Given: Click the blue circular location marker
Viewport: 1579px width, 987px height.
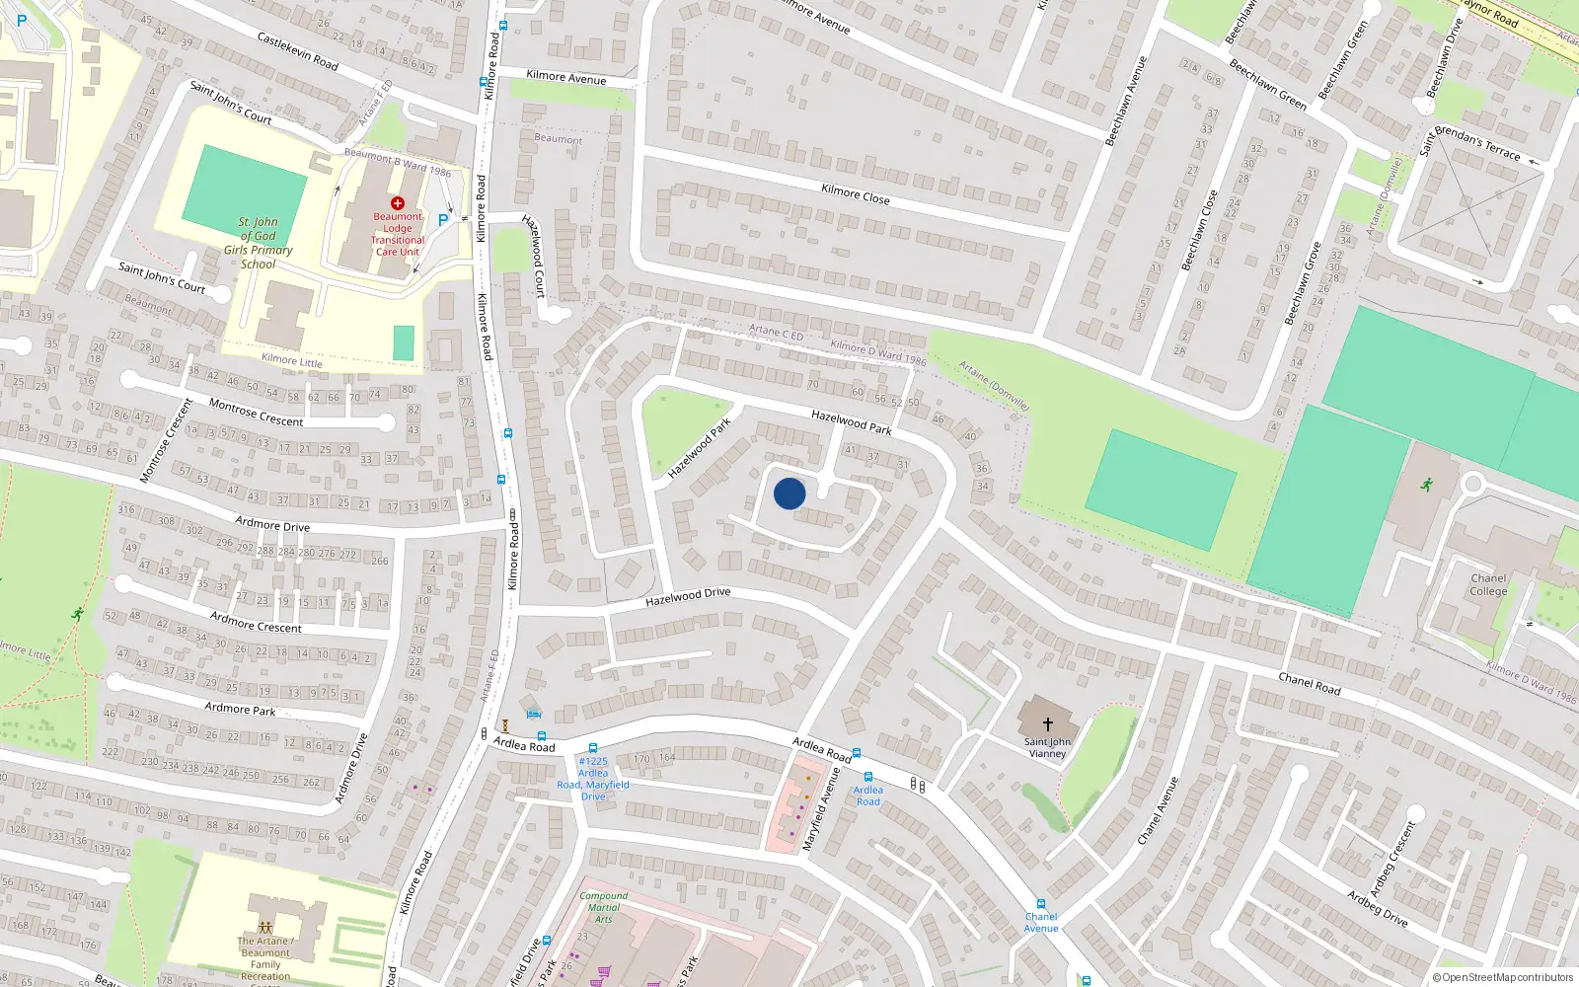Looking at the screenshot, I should (789, 493).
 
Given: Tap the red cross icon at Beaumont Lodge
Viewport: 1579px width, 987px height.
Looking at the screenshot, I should (398, 203).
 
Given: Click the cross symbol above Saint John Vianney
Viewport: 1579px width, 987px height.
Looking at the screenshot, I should (1047, 724).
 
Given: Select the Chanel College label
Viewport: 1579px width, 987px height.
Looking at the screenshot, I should (1488, 585).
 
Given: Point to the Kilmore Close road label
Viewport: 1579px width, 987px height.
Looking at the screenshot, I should (856, 194).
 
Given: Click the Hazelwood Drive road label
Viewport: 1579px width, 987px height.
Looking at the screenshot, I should (688, 597).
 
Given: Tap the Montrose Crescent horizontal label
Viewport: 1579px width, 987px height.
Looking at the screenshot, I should (256, 413).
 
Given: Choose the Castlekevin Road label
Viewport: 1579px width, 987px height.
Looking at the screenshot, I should (297, 51).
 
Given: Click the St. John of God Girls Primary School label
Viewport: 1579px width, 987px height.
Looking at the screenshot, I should (258, 243).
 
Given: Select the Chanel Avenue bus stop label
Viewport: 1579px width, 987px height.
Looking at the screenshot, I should (1040, 922).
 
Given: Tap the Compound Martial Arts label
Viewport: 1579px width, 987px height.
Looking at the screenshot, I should (603, 907).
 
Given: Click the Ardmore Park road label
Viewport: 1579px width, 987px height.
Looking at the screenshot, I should (240, 709).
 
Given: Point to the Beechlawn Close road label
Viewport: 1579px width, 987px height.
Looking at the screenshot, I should (1199, 230).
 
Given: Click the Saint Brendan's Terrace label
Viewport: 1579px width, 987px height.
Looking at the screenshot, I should (1470, 143).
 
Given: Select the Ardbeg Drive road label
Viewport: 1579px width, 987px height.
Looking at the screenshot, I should (1378, 908).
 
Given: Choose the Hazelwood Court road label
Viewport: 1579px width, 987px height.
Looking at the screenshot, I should (533, 256).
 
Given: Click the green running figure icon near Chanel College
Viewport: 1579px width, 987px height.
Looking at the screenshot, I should (1426, 485).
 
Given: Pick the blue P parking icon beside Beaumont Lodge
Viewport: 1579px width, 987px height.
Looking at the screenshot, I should (443, 220).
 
